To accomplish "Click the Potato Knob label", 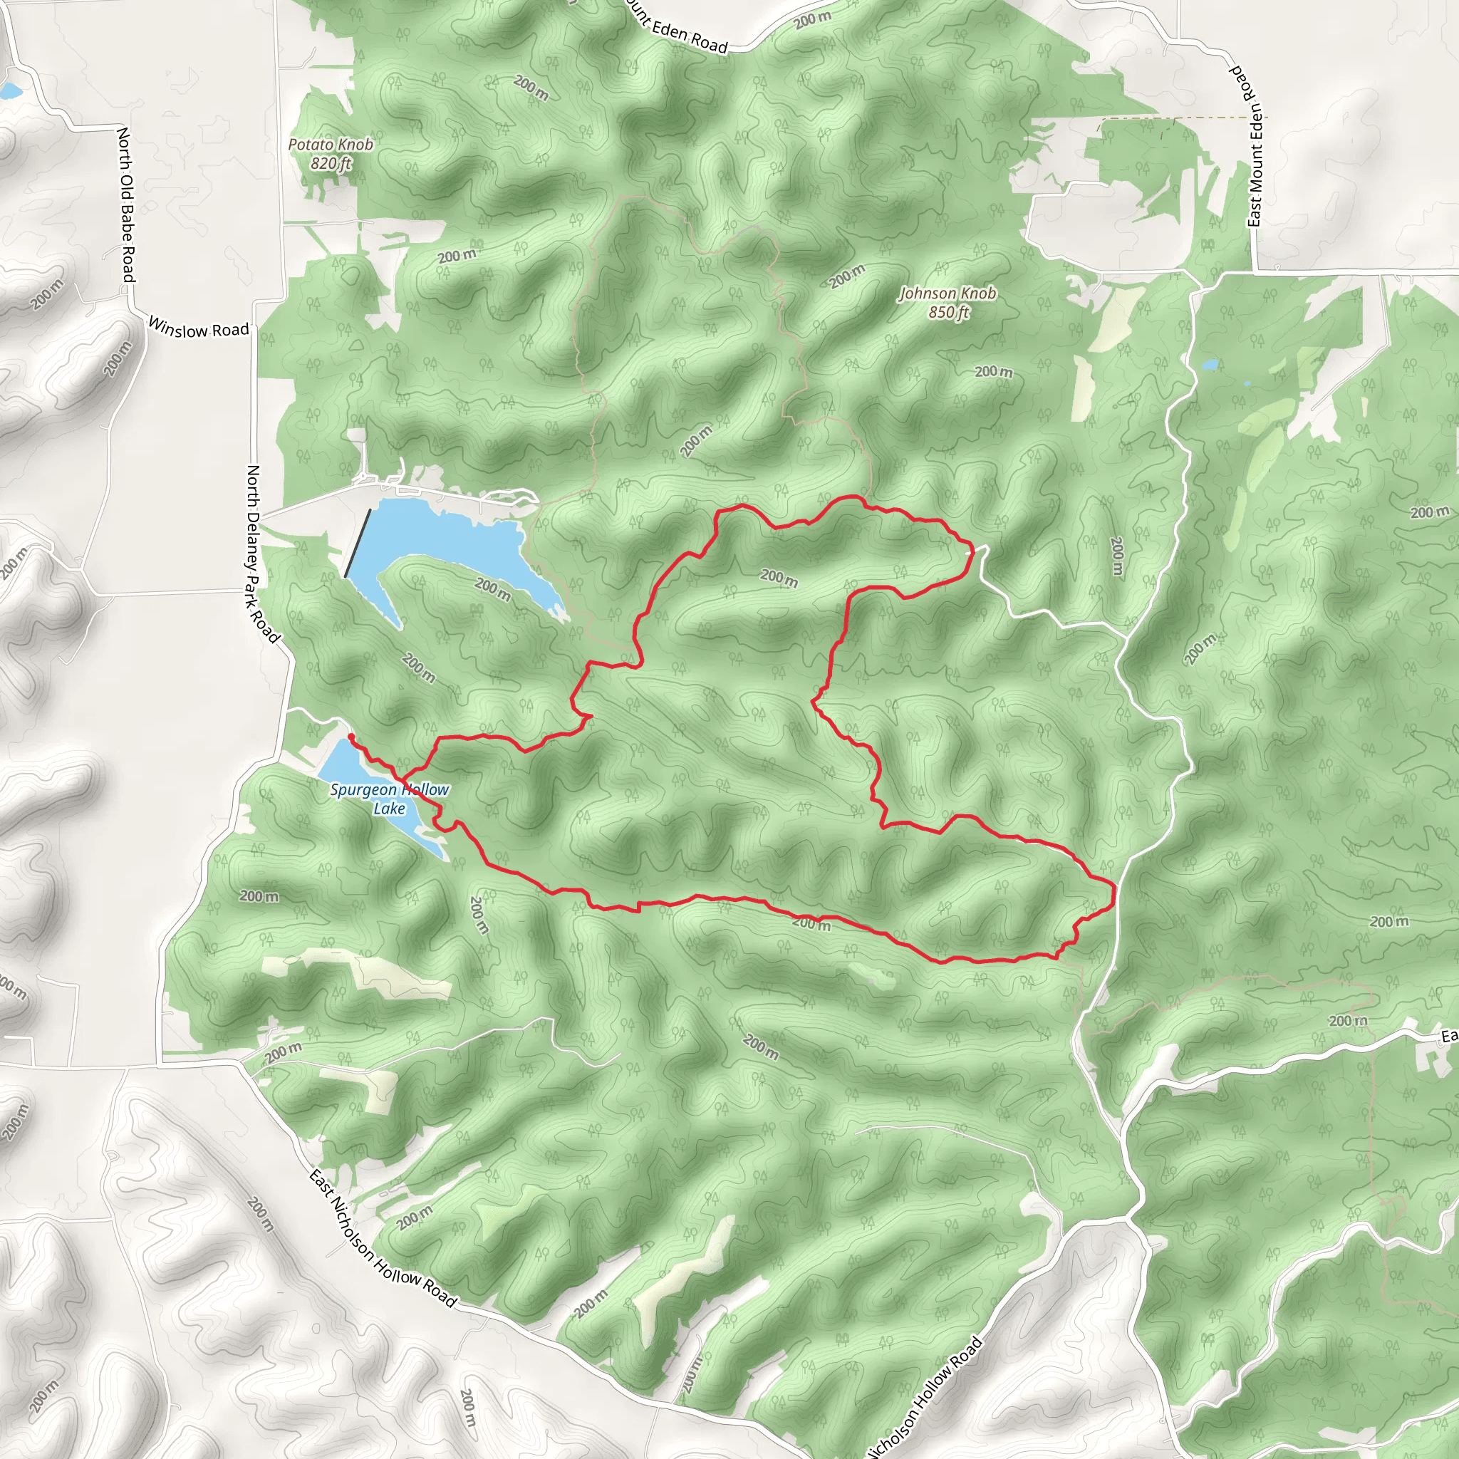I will [331, 144].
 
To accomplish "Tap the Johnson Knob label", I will [947, 293].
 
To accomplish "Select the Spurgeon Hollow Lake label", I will [390, 798].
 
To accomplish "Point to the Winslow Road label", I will [198, 328].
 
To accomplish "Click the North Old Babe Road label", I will [126, 205].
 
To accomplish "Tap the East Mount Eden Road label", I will [1247, 145].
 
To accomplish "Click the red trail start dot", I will [351, 737].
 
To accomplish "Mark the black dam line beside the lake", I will [358, 544].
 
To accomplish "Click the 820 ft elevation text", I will [331, 162].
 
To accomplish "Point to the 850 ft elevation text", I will [948, 312].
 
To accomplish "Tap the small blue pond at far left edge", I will [9, 91].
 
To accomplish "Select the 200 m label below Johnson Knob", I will [993, 372].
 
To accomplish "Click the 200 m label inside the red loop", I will [779, 578].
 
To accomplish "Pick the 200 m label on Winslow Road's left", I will [47, 294].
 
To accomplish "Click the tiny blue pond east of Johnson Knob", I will [1210, 365].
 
